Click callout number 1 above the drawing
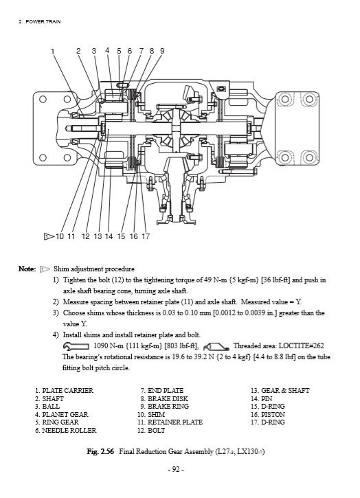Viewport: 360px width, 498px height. click(53, 52)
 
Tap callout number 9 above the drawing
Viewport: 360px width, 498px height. click(162, 51)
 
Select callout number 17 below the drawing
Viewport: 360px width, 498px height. click(146, 236)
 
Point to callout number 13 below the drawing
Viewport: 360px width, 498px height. click(98, 236)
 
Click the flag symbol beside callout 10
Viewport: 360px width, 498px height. click(49, 236)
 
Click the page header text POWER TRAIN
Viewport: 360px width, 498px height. click(43, 21)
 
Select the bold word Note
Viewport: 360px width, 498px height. click(27, 269)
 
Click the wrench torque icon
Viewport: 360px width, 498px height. click(76, 346)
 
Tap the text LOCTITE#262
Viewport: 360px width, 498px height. click(301, 346)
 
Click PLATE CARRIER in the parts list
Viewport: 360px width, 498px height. click(68, 390)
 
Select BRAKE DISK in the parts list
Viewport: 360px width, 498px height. click(168, 398)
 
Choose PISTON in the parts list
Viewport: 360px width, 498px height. click(273, 414)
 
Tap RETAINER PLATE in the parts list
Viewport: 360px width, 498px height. click(175, 422)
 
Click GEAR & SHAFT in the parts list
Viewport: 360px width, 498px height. click(285, 390)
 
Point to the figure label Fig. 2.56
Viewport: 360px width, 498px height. click(100, 451)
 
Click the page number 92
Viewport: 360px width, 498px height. click(176, 469)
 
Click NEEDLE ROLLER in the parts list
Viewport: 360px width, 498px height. click(69, 430)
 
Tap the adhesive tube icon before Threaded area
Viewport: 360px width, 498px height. click(216, 346)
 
